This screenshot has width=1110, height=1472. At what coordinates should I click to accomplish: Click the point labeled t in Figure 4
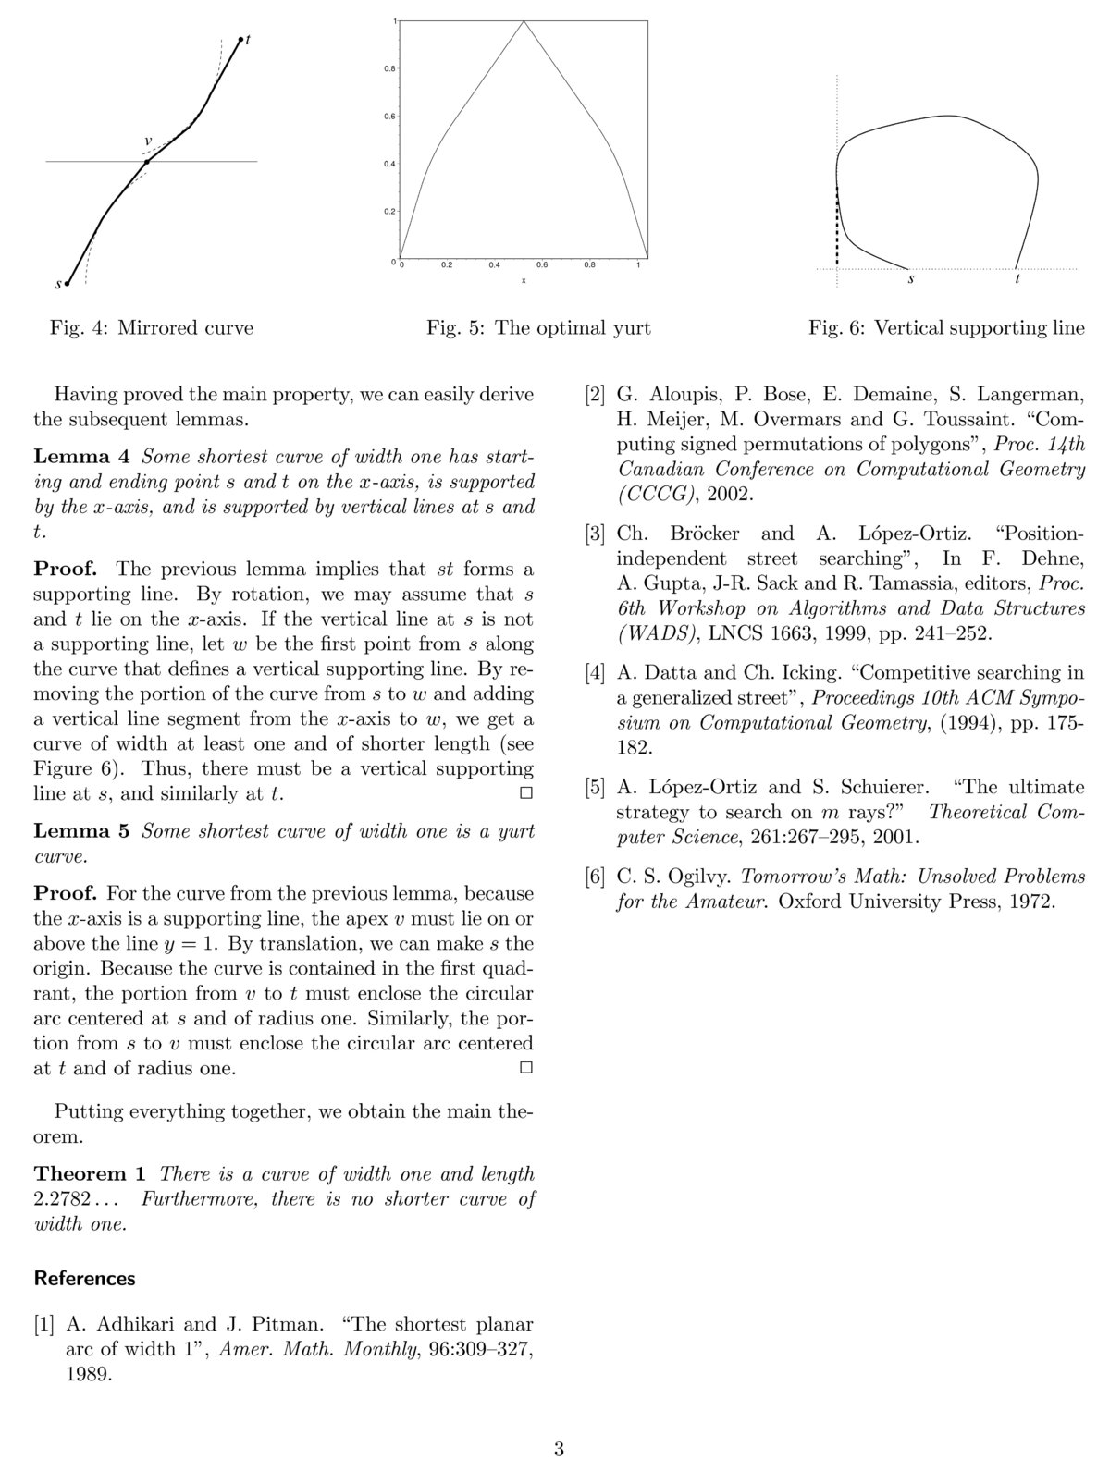tap(240, 39)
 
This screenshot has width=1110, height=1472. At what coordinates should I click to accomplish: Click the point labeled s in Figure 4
tap(68, 284)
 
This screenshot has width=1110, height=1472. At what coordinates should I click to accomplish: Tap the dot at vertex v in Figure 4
tap(147, 162)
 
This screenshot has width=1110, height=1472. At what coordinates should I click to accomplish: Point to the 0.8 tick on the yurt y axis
tap(390, 68)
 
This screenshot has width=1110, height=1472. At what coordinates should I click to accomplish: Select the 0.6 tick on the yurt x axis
tap(542, 265)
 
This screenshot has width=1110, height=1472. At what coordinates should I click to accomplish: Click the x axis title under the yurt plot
tap(524, 280)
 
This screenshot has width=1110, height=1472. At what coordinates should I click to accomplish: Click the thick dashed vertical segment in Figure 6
tap(838, 227)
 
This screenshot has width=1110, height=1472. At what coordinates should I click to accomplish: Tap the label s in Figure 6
tap(911, 279)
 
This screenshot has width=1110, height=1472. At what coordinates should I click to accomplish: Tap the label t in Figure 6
tap(1017, 279)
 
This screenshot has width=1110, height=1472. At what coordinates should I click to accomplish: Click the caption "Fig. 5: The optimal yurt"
tap(538, 328)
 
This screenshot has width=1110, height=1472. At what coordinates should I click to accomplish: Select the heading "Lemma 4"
tap(84, 457)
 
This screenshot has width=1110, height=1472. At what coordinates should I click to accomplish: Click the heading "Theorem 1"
tap(90, 1174)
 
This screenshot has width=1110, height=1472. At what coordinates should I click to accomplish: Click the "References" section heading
tap(84, 1279)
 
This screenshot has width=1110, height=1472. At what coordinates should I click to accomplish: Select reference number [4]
tap(596, 673)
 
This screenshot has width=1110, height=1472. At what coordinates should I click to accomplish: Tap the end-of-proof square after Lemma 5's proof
tap(525, 1068)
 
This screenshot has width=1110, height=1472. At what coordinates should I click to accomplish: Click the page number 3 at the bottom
tap(559, 1449)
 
